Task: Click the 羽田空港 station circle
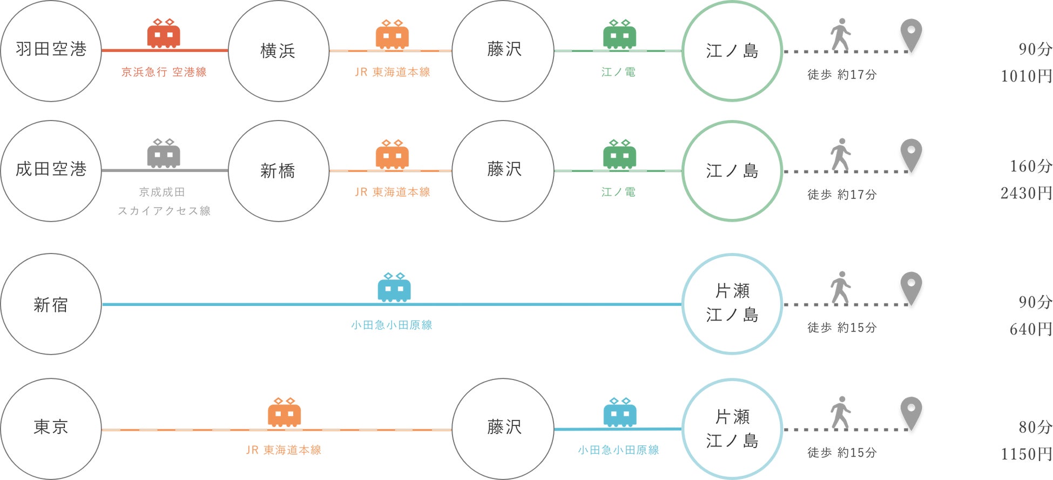pos(51,50)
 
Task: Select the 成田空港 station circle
pos(51,170)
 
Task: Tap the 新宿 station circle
pos(51,304)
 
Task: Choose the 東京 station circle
pos(51,429)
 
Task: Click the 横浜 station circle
pos(279,51)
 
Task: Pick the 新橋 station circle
pos(279,171)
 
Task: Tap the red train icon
pos(164,34)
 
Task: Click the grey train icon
pos(164,154)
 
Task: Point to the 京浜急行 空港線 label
pos(164,72)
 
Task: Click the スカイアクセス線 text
pos(164,211)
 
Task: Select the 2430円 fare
pos(1026,193)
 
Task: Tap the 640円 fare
pos(1030,329)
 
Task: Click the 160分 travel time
pos(1030,166)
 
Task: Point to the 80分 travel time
pos(1035,427)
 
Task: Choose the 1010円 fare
pos(1026,76)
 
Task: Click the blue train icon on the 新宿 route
pos(394,287)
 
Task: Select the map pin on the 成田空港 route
pos(911,155)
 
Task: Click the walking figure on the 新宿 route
pos(840,288)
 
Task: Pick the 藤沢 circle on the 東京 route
pos(503,429)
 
